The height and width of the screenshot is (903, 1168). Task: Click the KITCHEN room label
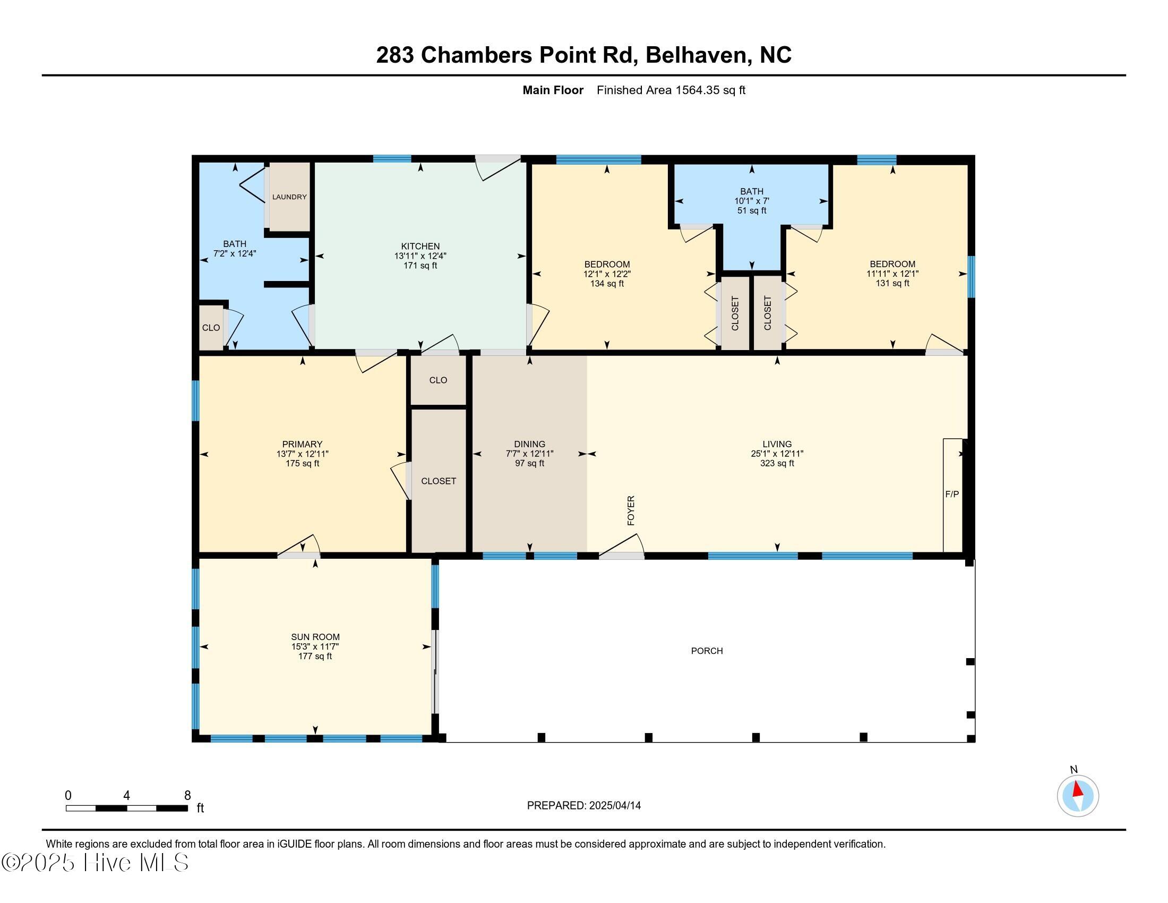tap(420, 246)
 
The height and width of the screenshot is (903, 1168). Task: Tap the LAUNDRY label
tap(289, 197)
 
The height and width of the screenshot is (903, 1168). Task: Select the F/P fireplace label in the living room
tap(952, 495)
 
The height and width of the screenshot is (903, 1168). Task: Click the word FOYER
tap(631, 510)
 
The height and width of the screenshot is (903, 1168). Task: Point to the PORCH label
tap(707, 651)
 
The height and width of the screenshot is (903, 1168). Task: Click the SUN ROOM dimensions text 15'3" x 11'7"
tap(315, 647)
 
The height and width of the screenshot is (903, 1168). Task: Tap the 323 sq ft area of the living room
tap(777, 463)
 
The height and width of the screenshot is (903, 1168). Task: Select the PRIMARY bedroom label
tap(302, 444)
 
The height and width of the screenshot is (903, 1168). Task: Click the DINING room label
tap(529, 444)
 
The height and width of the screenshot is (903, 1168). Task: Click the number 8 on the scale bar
tap(187, 796)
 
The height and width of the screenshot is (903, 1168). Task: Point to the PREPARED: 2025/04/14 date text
tap(583, 806)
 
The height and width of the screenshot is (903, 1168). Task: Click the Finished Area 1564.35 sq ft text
tap(671, 90)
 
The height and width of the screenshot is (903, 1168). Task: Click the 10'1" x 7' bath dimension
tap(751, 201)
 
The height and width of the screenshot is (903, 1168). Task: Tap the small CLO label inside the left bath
tap(211, 328)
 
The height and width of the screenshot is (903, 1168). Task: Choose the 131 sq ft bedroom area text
tap(892, 284)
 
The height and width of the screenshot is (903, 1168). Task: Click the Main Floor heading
tap(553, 90)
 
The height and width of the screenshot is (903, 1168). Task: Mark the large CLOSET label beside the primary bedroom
tap(439, 481)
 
